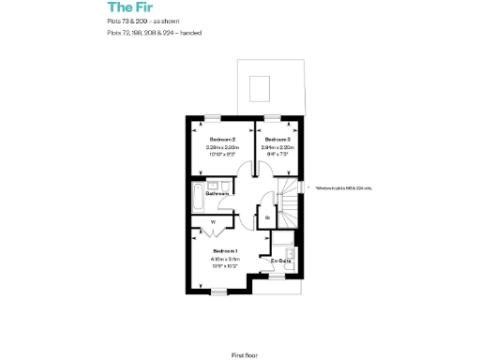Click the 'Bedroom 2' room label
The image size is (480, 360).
[221, 139]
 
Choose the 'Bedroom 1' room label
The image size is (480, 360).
[225, 251]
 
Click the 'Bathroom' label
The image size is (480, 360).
[218, 193]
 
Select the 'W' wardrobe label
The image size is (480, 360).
[214, 222]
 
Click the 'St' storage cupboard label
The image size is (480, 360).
[267, 217]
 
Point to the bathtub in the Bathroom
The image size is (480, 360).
[197, 198]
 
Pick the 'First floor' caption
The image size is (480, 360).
[244, 329]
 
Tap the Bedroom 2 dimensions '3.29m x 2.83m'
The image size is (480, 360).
[221, 147]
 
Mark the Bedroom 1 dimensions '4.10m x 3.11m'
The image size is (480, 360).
[225, 260]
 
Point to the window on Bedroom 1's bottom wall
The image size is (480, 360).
[218, 292]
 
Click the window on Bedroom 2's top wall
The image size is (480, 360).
[215, 117]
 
